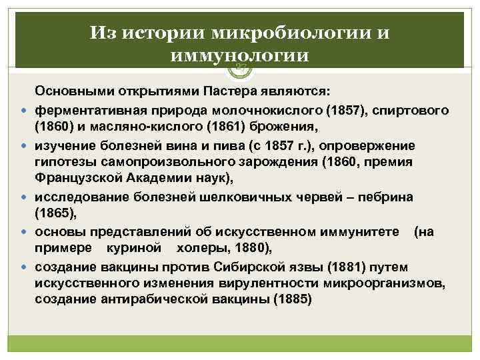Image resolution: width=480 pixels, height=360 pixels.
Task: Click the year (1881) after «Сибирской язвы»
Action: point(307,267)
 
